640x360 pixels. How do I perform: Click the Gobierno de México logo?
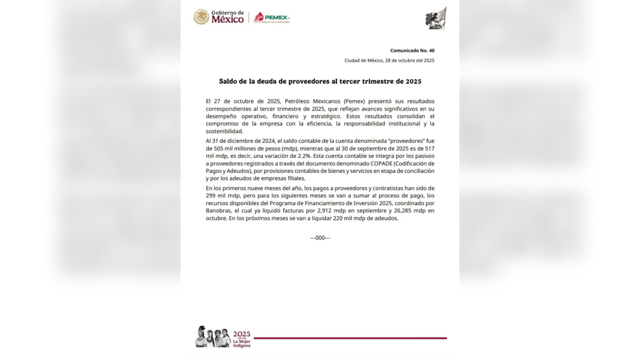pyautogui.click(x=218, y=17)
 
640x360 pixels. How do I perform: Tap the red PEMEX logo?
pyautogui.click(x=271, y=17)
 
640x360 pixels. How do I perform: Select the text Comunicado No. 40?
pyautogui.click(x=412, y=50)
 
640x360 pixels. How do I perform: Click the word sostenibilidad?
pyautogui.click(x=224, y=131)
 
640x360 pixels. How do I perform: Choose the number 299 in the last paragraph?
pyautogui.click(x=212, y=195)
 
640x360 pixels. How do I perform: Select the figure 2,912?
pyautogui.click(x=326, y=210)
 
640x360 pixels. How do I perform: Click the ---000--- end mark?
pyautogui.click(x=320, y=237)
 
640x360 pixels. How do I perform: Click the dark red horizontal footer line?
pyautogui.click(x=350, y=338)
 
